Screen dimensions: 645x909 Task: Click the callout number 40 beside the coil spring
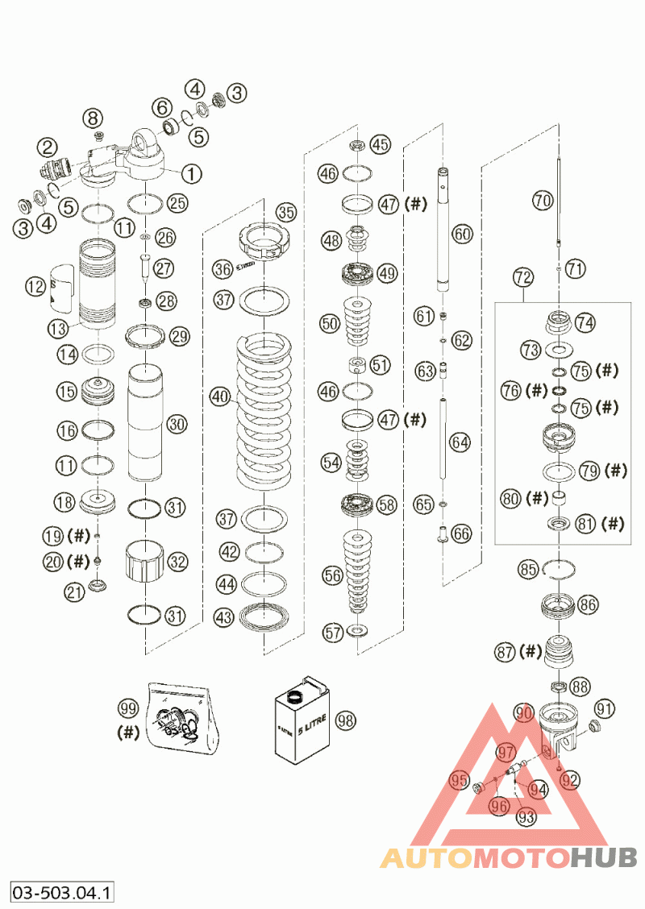(x=220, y=396)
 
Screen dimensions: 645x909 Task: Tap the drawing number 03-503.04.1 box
(x=62, y=892)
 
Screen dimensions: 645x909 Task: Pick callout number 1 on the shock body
(x=192, y=172)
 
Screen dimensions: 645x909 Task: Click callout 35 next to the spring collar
(x=286, y=213)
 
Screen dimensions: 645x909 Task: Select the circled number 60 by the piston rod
(x=462, y=235)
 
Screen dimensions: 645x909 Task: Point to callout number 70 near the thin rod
(x=543, y=199)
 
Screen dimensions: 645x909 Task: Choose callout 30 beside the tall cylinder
(x=177, y=423)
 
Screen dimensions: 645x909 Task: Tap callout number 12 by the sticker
(x=35, y=285)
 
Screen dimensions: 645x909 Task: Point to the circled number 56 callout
(x=331, y=575)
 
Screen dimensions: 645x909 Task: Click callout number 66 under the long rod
(x=462, y=533)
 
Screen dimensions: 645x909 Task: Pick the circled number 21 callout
(x=75, y=593)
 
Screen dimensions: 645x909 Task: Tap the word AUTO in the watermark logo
(x=426, y=857)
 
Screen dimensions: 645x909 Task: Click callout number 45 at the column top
(x=380, y=145)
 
